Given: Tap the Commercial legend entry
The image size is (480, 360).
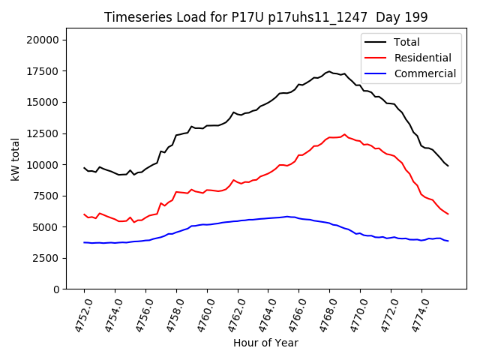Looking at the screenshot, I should tap(424, 73).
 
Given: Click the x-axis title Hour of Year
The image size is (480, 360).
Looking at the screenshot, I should tap(265, 343).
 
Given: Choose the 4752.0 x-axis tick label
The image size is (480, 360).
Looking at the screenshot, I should tap(76, 315).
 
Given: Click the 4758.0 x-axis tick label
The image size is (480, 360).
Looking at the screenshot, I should tap(169, 315).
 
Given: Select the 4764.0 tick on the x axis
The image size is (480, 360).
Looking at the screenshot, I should tap(261, 315).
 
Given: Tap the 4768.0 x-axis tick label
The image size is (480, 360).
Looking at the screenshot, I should tap(322, 315).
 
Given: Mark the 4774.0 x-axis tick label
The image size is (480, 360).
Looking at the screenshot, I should tap(415, 315).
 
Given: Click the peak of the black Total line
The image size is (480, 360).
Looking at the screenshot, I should tap(329, 71).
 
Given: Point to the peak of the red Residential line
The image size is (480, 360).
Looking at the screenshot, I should tap(345, 134).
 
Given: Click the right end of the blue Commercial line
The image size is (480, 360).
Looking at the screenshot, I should tap(448, 241).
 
